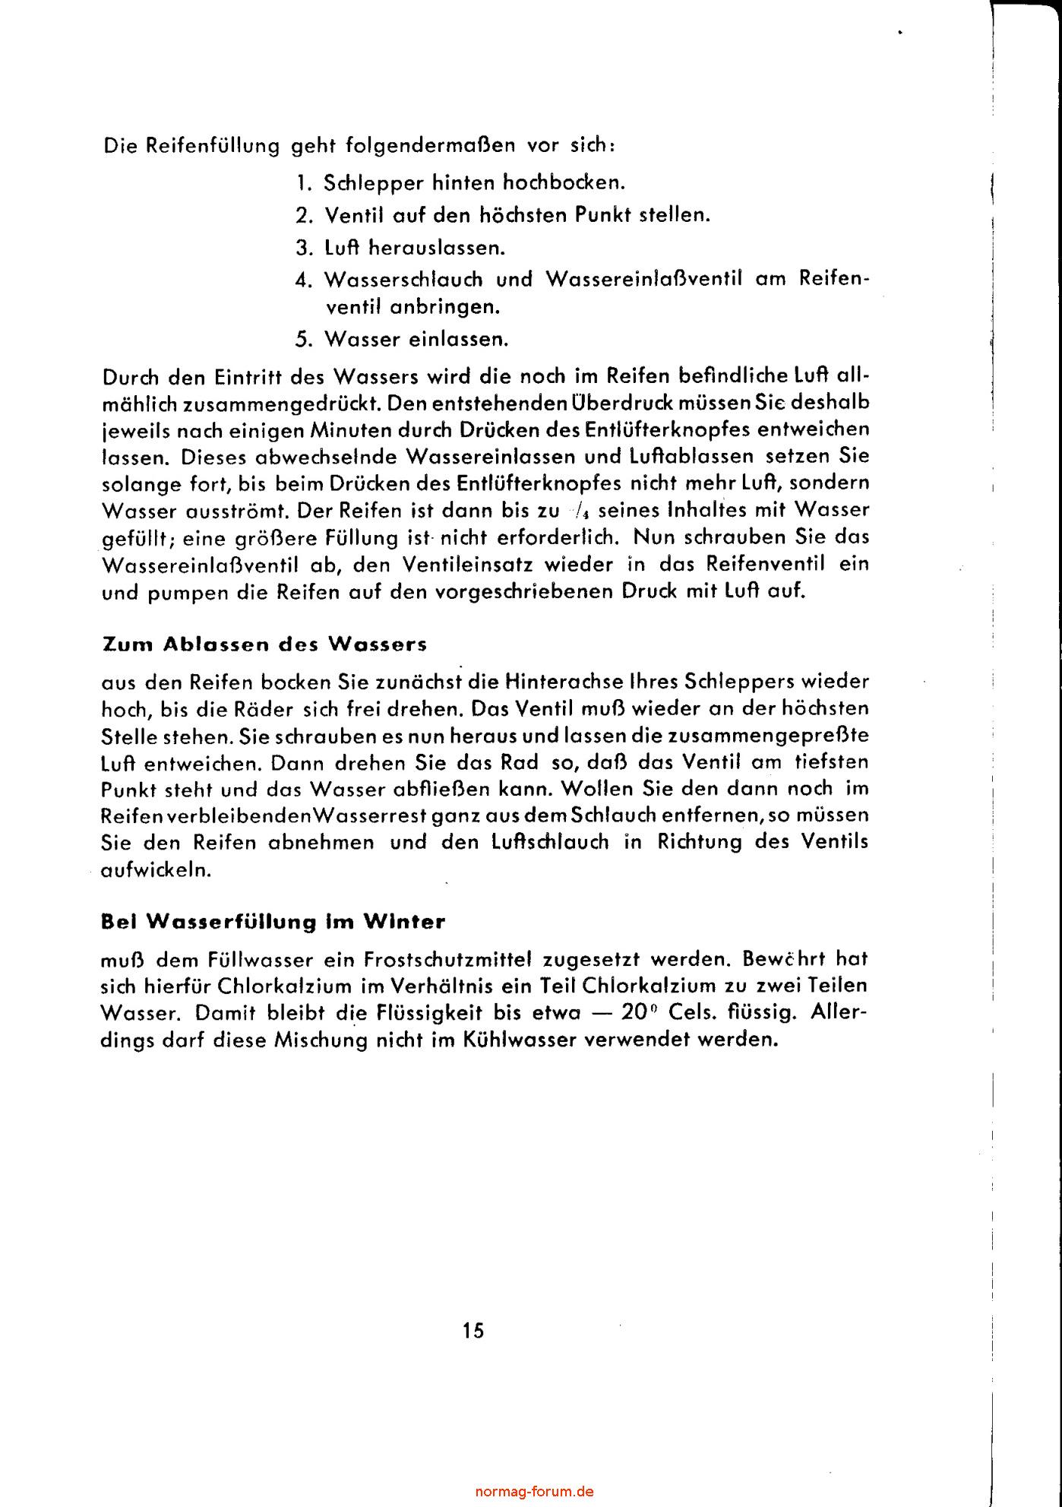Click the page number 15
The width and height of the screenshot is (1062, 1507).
pyautogui.click(x=472, y=1331)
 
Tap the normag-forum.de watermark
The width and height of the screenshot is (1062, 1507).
pyautogui.click(x=534, y=1491)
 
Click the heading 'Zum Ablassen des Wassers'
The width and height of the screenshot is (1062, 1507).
pyautogui.click(x=264, y=644)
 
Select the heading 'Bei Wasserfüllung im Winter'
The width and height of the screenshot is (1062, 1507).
pyautogui.click(x=273, y=922)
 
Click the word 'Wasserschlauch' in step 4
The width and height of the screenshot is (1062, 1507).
pyautogui.click(x=403, y=280)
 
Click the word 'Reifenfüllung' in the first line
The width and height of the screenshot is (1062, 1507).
pyautogui.click(x=213, y=145)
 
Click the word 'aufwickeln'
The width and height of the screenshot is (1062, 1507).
pyautogui.click(x=156, y=869)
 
